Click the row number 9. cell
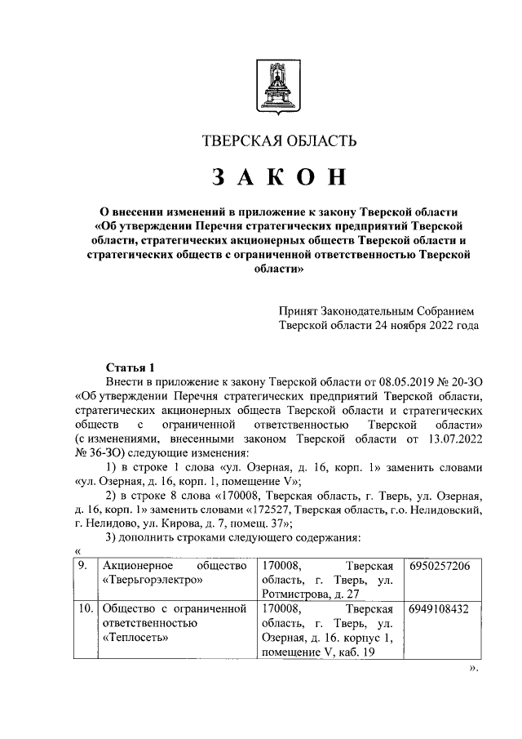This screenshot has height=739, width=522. pyautogui.click(x=80, y=566)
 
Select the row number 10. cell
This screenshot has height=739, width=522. pyautogui.click(x=82, y=608)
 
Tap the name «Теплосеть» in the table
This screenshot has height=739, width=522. pyautogui.click(x=132, y=638)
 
